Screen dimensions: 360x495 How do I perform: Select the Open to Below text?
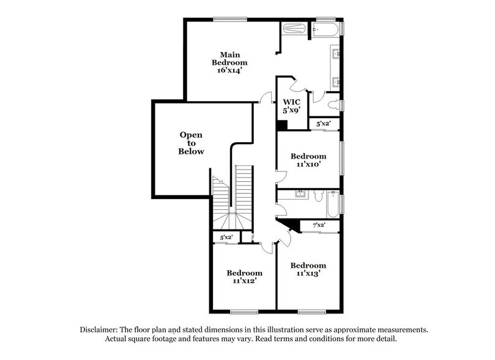point(191,143)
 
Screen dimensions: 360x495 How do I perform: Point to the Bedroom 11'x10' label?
point(308,160)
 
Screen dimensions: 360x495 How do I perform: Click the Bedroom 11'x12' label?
point(244,277)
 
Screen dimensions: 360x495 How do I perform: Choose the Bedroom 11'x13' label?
point(308,269)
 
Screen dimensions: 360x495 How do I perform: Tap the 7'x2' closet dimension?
point(318,225)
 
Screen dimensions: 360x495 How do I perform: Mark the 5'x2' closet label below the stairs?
point(226,237)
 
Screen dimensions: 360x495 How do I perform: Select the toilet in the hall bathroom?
point(317,196)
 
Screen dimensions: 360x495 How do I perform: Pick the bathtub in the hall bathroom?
point(332,203)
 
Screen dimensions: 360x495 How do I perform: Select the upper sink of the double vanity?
point(336,53)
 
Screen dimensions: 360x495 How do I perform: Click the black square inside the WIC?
point(282,125)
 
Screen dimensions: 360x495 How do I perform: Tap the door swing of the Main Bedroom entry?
point(264,97)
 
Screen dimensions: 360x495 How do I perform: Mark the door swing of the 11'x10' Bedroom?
point(281,178)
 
